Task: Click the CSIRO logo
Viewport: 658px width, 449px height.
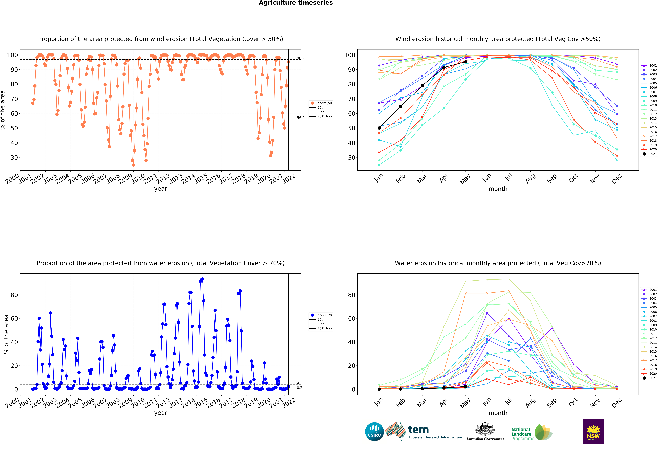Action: point(374,432)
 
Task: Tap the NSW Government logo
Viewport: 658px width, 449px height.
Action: point(593,431)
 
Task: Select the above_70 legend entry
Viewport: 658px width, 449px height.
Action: point(321,315)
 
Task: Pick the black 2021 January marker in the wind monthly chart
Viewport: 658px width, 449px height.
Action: point(379,128)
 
